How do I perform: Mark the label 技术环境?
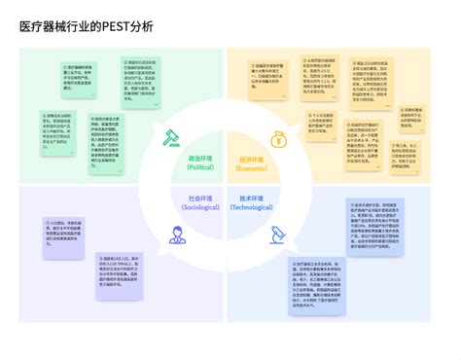252,198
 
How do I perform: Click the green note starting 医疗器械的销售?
85,83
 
